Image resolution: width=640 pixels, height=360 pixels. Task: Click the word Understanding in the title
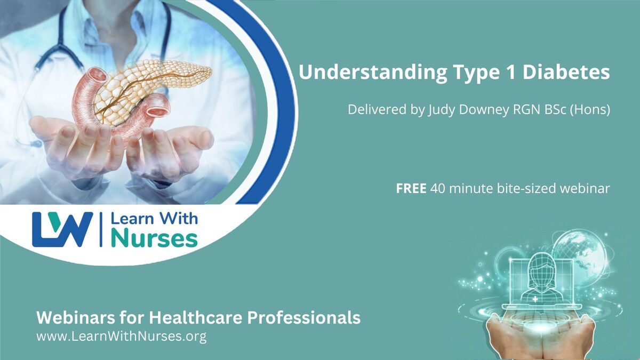pos(373,73)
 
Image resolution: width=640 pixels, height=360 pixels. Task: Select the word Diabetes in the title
pos(566,72)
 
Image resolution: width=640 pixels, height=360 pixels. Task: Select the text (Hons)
pos(590,110)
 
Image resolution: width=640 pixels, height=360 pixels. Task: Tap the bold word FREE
pos(411,189)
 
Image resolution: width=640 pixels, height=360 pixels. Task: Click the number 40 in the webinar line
pos(438,189)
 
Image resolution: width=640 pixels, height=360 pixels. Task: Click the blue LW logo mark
pos(62,229)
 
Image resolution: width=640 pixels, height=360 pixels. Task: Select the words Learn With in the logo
pos(154,219)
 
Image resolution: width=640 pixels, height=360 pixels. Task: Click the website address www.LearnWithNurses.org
pos(122,337)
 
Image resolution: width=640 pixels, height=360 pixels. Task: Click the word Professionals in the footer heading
pos(303,318)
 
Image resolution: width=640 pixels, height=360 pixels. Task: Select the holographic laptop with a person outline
pos(542,283)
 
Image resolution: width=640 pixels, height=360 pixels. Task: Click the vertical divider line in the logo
pos(101,229)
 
